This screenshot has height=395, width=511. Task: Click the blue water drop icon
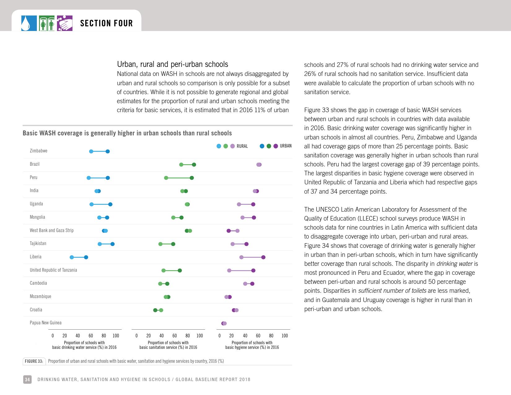[x=29, y=23]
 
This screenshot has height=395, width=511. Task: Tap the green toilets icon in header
[x=47, y=23]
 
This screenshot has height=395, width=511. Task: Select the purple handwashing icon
[x=65, y=23]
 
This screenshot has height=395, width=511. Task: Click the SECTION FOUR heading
[x=106, y=23]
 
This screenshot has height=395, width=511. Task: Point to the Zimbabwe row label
[x=38, y=151]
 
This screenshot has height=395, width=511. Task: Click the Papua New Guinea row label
[x=46, y=323]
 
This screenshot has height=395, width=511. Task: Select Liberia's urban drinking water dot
[x=86, y=257]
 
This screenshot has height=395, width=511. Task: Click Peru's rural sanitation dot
[x=166, y=178]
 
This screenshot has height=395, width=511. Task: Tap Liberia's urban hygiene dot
[x=263, y=257]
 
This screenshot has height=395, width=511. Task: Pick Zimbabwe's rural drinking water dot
[x=91, y=151]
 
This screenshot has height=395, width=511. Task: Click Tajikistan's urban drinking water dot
[x=112, y=244]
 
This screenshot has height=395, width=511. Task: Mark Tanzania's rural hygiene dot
[x=229, y=270]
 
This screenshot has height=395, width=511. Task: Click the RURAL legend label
[x=242, y=146]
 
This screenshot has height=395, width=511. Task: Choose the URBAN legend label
[x=286, y=146]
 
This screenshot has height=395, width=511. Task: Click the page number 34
[x=27, y=380]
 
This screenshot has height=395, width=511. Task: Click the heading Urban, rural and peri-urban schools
[x=173, y=64]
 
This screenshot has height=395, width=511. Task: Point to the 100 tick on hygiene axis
[x=285, y=336]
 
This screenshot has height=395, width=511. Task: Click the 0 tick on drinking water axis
[x=53, y=336]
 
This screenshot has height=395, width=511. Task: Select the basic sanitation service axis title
[x=168, y=345]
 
